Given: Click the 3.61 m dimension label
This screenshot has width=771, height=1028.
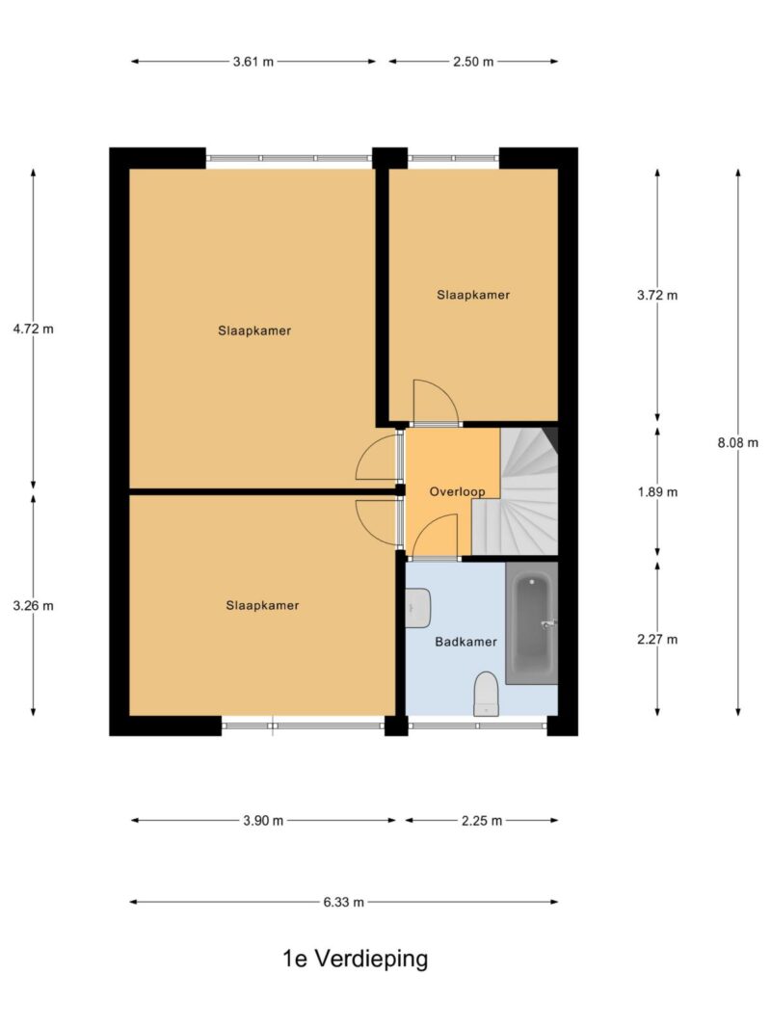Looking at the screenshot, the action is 253,63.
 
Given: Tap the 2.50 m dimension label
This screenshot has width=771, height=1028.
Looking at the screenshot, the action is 472,63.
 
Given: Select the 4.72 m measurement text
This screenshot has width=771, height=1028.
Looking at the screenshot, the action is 34,329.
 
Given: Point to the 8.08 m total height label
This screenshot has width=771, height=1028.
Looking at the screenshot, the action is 737,442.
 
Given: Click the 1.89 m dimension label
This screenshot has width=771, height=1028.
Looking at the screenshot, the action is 657,491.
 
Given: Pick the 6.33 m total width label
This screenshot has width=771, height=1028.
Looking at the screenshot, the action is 343,902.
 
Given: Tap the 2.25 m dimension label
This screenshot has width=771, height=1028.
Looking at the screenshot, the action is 482,821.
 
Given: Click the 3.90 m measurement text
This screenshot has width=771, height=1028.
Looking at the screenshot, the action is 263,821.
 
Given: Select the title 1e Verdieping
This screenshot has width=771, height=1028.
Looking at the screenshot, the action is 356,959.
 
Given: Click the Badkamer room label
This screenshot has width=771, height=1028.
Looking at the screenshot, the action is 466,642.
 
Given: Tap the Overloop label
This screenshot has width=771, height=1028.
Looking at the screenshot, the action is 457,491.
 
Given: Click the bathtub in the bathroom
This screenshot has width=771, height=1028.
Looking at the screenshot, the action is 532,622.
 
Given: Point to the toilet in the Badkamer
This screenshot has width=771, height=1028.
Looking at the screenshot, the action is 487,694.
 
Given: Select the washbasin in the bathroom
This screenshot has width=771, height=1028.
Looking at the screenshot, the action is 417,608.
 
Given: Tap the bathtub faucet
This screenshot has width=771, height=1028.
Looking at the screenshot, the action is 548,624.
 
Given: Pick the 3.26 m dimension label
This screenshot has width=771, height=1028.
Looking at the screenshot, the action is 34,606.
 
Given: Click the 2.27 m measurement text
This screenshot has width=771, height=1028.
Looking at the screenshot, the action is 657,639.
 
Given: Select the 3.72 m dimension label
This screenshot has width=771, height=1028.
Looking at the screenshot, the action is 657,295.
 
